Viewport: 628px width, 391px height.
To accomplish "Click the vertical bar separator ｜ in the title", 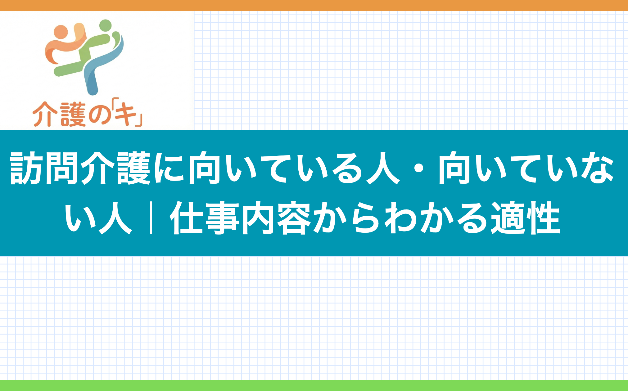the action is tap(151, 218).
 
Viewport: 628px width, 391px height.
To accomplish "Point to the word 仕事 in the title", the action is tap(205, 218).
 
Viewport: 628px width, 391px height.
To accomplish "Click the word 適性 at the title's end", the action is tap(525, 218).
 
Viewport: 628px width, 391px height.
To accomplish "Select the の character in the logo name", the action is tap(99, 115).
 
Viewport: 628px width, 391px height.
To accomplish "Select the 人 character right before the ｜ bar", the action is tap(115, 218).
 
